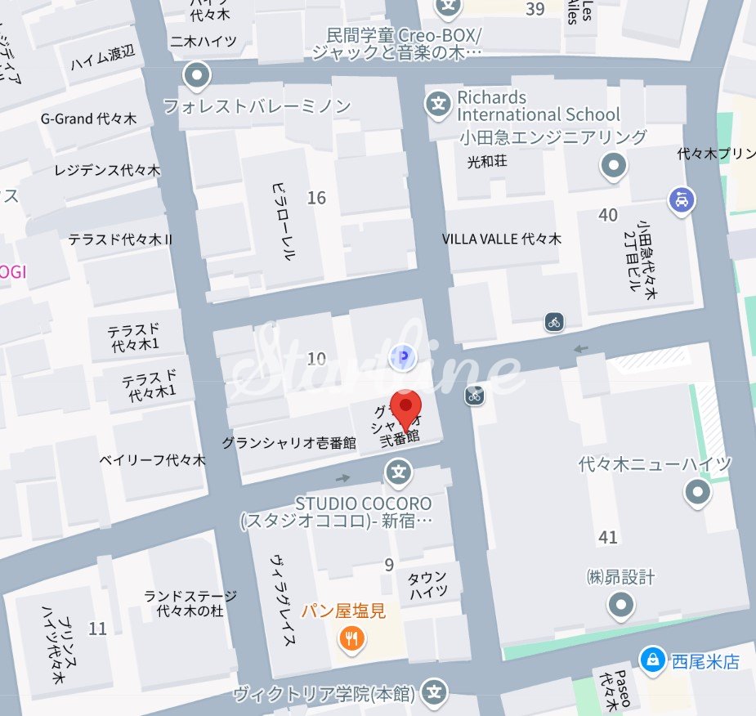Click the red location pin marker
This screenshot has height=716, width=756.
click(405, 407)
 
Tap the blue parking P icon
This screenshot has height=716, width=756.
click(400, 357)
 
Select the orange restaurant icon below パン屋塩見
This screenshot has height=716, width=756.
click(351, 638)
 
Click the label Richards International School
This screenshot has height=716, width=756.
click(539, 106)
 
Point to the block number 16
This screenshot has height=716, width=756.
click(316, 198)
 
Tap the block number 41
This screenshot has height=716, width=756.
click(607, 538)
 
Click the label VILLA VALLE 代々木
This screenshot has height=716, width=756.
click(502, 239)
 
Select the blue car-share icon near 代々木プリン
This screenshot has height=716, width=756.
click(681, 199)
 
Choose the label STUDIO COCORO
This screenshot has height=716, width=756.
click(363, 503)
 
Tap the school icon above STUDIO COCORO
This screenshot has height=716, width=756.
click(399, 472)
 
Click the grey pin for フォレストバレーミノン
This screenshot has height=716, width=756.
click(197, 78)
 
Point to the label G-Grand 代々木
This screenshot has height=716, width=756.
click(88, 119)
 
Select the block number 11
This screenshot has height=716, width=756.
click(98, 629)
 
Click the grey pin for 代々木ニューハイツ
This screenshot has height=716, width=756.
click(697, 492)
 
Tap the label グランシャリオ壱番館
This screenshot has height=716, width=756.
click(289, 443)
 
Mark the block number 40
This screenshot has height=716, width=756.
click(608, 215)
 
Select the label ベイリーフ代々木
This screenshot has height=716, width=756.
click(153, 460)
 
